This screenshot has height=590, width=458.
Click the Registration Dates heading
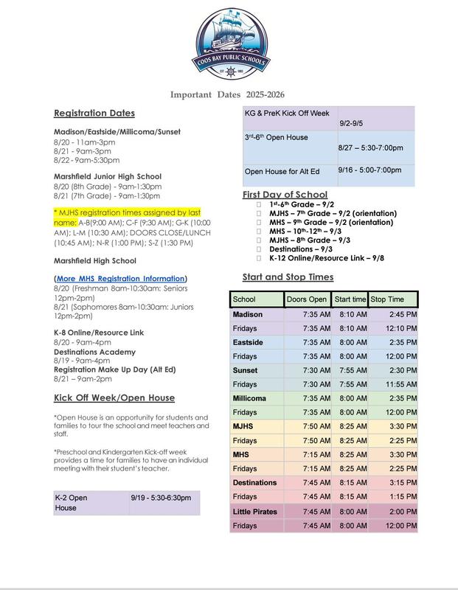pyautogui.click(x=94, y=114)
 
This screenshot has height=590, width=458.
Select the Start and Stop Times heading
pyautogui.click(x=288, y=277)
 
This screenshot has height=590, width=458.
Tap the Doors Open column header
pyautogui.click(x=306, y=299)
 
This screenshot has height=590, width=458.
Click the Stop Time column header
pyautogui.click(x=392, y=299)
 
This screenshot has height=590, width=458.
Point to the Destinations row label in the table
pyautogui.click(x=255, y=482)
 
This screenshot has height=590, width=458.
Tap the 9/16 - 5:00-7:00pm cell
pyautogui.click(x=369, y=170)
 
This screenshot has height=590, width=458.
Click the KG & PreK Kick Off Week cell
pyautogui.click(x=287, y=114)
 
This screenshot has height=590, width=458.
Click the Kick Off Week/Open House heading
pyautogui.click(x=114, y=398)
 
